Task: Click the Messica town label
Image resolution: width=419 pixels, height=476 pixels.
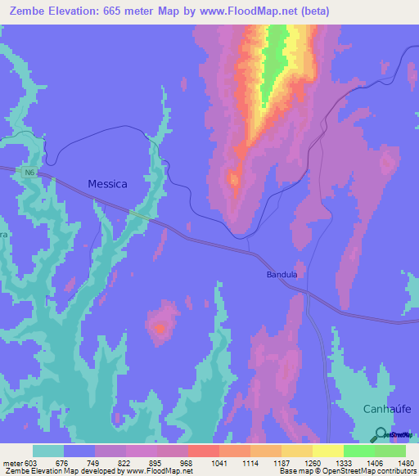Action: pos(107,184)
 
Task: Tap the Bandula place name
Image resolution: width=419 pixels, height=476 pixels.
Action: pos(282,275)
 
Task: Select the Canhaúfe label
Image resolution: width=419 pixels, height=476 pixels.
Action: pos(385,408)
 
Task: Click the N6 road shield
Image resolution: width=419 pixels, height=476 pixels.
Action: pos(29,173)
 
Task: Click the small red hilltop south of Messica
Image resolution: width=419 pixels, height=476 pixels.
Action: pos(160,329)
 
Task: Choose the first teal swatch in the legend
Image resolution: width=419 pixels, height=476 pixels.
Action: pos(48,451)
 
